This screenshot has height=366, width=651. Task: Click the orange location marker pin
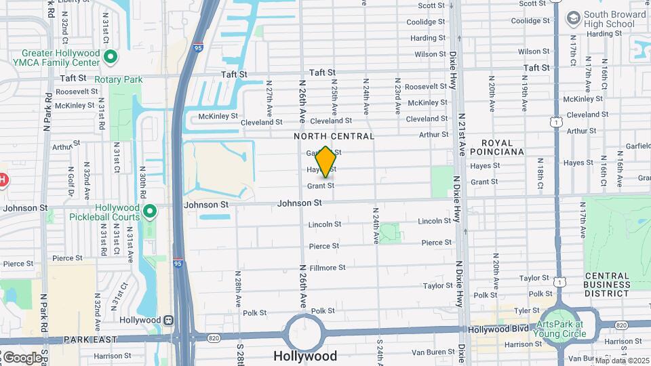(x=325, y=163)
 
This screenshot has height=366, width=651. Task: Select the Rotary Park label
(x=119, y=79)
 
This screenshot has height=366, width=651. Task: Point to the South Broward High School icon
(x=573, y=16)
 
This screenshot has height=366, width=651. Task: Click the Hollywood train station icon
(x=167, y=320)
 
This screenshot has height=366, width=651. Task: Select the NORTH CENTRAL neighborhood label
(x=334, y=136)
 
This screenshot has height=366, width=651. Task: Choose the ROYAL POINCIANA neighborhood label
(x=502, y=147)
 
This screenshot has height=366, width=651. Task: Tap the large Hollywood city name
(x=304, y=356)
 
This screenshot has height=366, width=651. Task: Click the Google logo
(x=22, y=357)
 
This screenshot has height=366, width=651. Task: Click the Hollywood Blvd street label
(x=499, y=329)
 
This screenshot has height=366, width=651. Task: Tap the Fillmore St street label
(x=328, y=268)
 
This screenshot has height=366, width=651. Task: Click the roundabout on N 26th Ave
(x=304, y=332)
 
